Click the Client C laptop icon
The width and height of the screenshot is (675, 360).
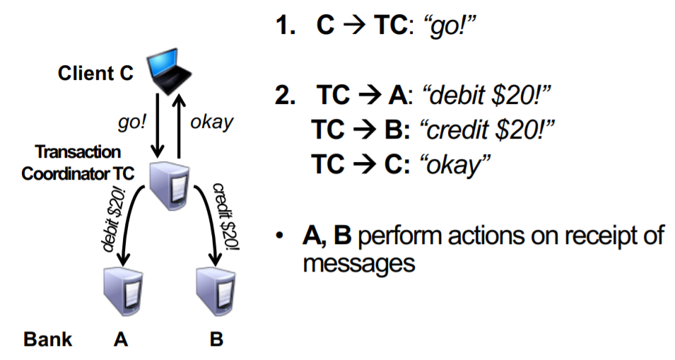[x=170, y=71]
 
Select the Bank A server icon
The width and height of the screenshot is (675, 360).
[x=121, y=289]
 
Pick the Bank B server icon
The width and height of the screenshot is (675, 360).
[x=215, y=289]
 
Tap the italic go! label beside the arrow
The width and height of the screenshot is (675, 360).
[x=132, y=121]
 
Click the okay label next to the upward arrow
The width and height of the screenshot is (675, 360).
[x=211, y=121]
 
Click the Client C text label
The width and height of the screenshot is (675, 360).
[x=95, y=73]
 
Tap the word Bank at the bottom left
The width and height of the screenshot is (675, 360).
[x=48, y=339]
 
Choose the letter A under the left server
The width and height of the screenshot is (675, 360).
[x=121, y=339]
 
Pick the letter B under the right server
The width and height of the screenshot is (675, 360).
[x=216, y=339]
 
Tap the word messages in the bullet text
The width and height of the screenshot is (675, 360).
[x=357, y=263]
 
